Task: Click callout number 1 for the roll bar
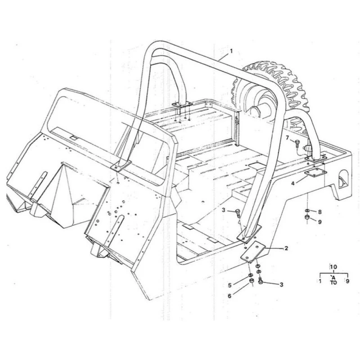tap(231, 51)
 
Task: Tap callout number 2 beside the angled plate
tap(286, 248)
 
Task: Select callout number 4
tap(293, 184)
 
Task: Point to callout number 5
tap(230, 285)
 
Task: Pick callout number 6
tap(229, 296)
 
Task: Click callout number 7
tap(287, 138)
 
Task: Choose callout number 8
tap(320, 212)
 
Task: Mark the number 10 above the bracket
tap(333, 267)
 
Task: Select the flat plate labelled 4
tap(316, 173)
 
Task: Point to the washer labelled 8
tap(307, 211)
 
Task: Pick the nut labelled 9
tap(307, 217)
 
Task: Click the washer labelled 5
tap(251, 275)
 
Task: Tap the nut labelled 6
tap(251, 281)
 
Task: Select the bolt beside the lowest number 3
tap(261, 281)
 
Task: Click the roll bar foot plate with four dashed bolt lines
tap(182, 105)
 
